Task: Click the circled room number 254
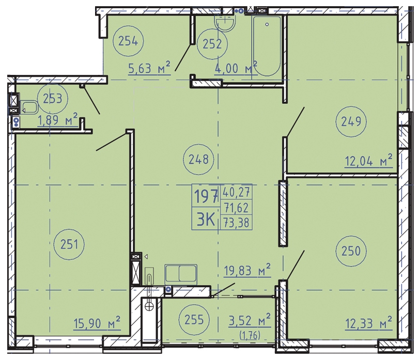(128, 41)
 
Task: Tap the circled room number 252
(212, 44)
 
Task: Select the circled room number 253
(53, 99)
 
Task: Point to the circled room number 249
(351, 121)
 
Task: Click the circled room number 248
(198, 160)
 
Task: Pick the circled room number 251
(69, 244)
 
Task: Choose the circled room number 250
(351, 251)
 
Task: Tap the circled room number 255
(194, 319)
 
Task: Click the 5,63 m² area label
(149, 68)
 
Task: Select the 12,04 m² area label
(369, 161)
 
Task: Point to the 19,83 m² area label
(247, 270)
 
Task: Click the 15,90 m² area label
(97, 323)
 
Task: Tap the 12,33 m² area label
(369, 323)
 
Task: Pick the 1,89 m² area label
(58, 119)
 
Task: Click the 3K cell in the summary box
(206, 221)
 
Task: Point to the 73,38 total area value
(236, 222)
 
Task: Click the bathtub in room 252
(267, 46)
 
